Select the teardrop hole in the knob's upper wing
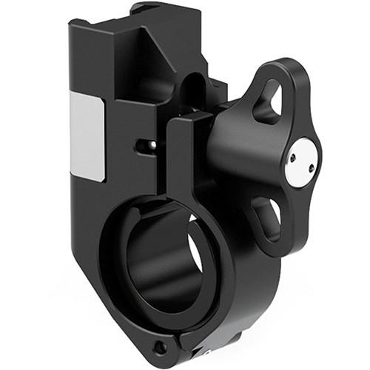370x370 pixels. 269,104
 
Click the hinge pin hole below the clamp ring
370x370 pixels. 158,346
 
